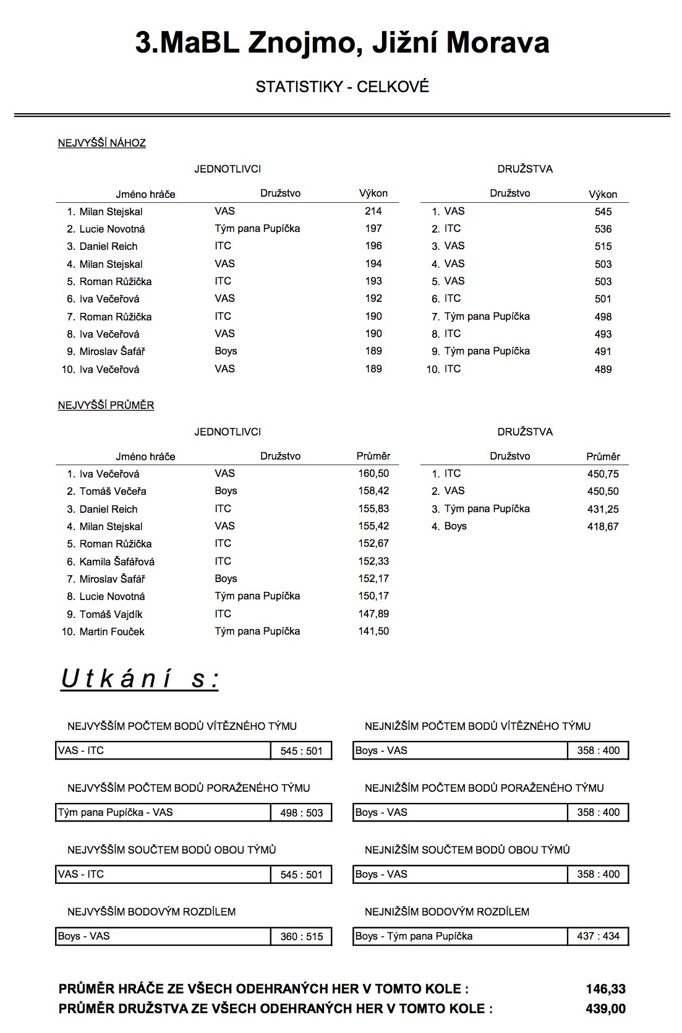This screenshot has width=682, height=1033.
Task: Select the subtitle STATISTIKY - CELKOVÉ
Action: [x=342, y=87]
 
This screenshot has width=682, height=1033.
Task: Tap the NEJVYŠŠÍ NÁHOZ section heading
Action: [x=102, y=143]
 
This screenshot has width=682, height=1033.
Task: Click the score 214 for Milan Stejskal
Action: [x=373, y=211]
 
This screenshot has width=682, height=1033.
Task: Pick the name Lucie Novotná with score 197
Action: [x=112, y=229]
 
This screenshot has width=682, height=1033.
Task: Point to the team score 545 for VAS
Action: [x=603, y=212]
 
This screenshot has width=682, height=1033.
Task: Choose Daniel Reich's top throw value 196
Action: [x=373, y=246]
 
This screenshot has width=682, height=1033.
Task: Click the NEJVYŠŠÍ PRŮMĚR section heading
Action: [x=106, y=405]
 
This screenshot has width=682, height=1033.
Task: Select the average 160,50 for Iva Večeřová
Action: [x=373, y=473]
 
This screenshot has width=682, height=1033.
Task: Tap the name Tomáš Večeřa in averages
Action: [x=113, y=491]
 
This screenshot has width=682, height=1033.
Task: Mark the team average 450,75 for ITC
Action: [x=603, y=474]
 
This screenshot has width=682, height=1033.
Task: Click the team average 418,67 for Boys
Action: [x=603, y=526]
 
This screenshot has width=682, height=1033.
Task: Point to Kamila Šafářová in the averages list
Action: [x=117, y=562]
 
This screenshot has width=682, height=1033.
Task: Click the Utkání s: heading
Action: [x=140, y=679]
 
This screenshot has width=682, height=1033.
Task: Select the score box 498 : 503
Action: [x=301, y=813]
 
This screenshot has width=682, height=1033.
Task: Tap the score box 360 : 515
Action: [x=301, y=937]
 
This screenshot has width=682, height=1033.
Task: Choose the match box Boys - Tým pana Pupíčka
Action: [x=460, y=936]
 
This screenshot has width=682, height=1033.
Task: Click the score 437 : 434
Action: [x=598, y=936]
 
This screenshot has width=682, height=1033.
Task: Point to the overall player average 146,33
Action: [x=605, y=989]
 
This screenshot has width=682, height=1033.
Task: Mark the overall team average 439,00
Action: [x=605, y=1009]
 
